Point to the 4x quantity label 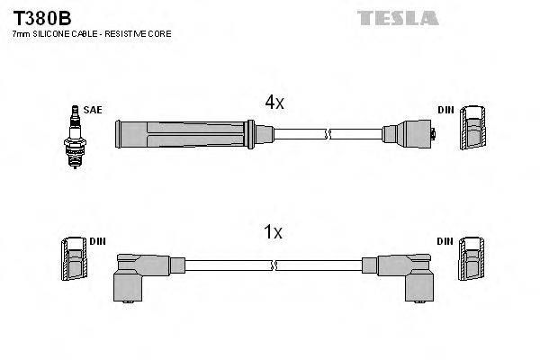[274, 103]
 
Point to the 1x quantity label [273, 233]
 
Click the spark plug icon [71, 136]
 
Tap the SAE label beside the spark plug [93, 110]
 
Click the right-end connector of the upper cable [410, 136]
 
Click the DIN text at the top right [446, 110]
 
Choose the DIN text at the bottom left [97, 241]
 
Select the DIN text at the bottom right [446, 241]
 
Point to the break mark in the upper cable [328, 135]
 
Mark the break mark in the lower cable [274, 264]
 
